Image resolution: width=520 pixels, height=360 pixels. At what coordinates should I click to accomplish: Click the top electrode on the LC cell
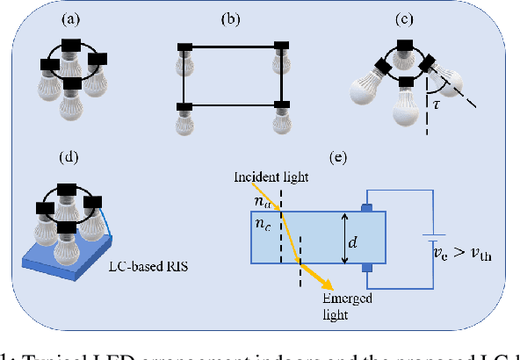[366, 206]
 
